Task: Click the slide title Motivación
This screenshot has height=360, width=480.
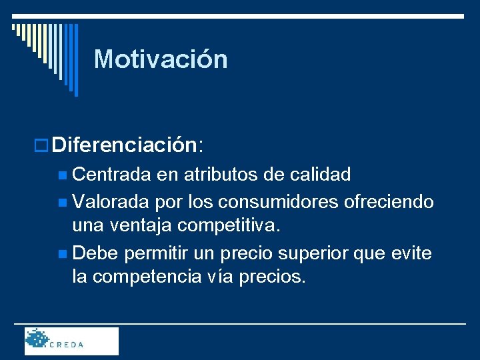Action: (161, 59)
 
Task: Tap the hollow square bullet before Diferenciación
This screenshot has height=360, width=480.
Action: (43, 145)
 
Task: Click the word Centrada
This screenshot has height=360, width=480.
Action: (112, 175)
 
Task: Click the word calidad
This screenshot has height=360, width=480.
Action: (321, 175)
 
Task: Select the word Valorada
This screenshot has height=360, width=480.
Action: (111, 201)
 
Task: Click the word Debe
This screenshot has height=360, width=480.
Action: (95, 253)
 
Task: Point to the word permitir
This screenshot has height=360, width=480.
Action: (155, 253)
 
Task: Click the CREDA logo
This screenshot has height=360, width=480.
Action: (71, 341)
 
